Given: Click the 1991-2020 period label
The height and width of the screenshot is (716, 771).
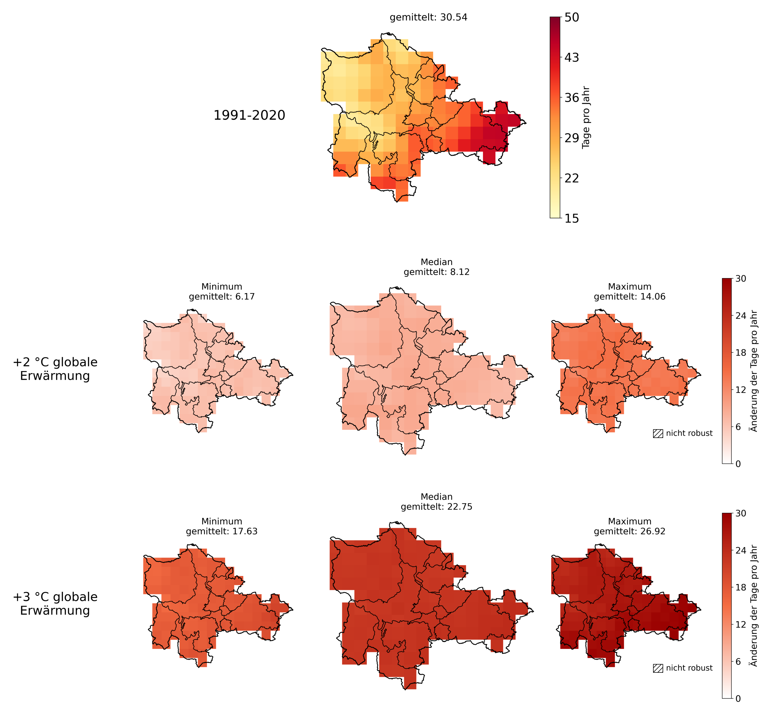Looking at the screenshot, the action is (249, 115).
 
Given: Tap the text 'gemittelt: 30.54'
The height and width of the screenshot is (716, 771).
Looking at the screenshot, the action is (428, 17).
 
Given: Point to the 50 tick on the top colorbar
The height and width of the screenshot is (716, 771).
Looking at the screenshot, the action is (572, 17).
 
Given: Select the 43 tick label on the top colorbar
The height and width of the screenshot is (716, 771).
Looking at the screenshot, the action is (572, 57).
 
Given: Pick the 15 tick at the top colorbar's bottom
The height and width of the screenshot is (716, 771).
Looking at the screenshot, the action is (572, 218).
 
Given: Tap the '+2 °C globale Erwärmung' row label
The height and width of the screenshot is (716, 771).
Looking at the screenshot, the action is (55, 369).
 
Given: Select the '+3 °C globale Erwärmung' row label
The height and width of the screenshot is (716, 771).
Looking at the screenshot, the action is (55, 603).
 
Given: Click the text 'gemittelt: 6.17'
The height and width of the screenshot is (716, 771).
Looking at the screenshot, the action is (222, 297).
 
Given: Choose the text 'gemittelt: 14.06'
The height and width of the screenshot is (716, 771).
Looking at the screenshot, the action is (630, 297).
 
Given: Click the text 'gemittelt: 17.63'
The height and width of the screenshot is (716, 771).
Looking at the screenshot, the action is (222, 531).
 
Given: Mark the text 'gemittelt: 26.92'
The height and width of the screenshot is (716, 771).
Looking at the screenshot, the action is (630, 531).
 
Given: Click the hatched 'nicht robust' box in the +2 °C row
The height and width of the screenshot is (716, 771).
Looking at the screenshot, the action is (658, 433).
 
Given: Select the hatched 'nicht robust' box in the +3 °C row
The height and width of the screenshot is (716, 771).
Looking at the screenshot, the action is (658, 668).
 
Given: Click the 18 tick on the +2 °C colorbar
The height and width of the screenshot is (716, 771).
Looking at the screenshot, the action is (740, 353).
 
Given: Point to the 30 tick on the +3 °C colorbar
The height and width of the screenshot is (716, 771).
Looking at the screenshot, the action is (740, 513).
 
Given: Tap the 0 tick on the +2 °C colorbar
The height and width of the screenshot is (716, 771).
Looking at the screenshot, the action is (738, 464).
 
